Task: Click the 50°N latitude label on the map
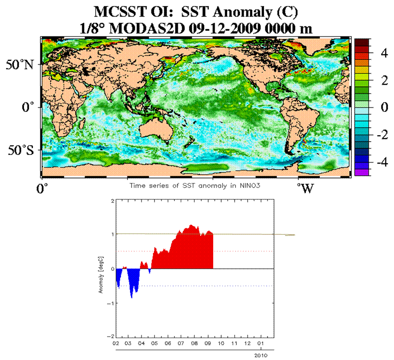coord(20,65)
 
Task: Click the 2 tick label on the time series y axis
coord(113,201)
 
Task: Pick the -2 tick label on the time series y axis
coord(112,336)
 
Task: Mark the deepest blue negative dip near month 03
coord(131,297)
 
